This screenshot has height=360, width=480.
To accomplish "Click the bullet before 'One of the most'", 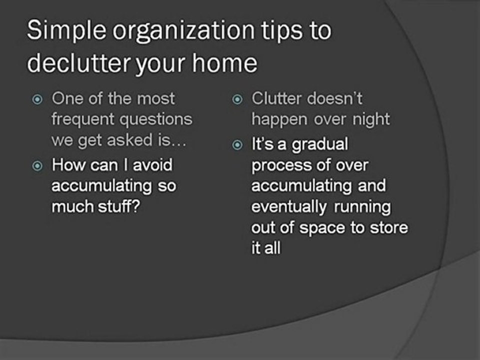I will [x=37, y=99].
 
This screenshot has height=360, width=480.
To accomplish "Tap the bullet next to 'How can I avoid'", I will [x=37, y=165].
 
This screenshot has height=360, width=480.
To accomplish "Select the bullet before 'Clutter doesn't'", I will [x=237, y=99].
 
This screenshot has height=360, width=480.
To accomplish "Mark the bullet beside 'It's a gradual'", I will [x=237, y=145].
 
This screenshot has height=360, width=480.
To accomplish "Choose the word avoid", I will [x=152, y=164].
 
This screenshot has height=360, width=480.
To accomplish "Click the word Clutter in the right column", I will [x=276, y=98].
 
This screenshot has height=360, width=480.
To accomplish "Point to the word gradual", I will [x=319, y=145].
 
